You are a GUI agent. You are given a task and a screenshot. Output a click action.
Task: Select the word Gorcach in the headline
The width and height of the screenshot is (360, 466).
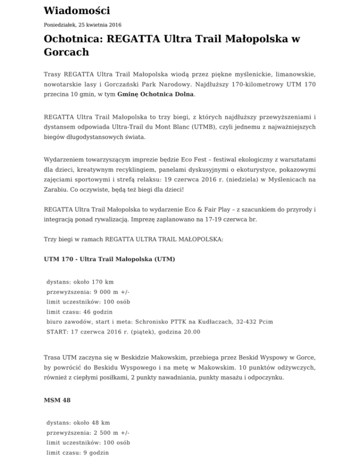point(66,52)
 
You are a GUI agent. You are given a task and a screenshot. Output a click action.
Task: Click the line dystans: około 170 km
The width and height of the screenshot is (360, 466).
point(80,282)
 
